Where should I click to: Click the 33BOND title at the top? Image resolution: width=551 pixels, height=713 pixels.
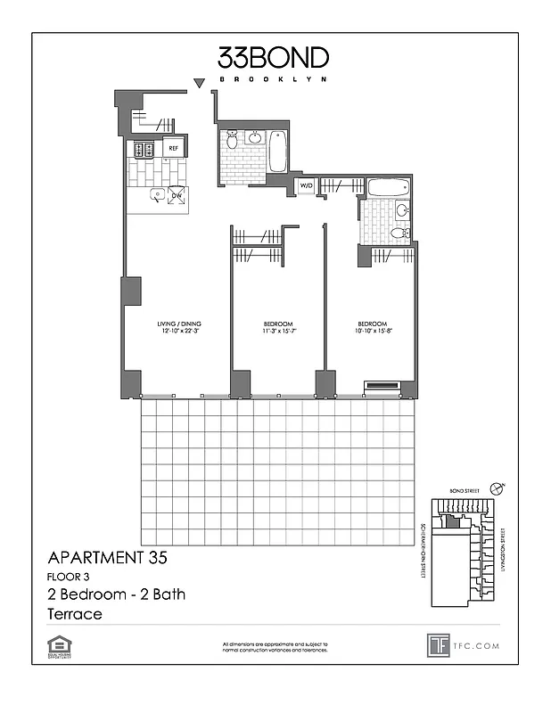coord(274,58)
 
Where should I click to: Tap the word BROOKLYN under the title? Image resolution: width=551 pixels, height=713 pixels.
coord(274,79)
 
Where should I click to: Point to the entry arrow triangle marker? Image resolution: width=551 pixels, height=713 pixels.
coord(201,84)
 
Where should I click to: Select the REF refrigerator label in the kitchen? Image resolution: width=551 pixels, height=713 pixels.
coord(173,149)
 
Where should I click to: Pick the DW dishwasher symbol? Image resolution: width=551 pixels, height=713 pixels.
coord(177,195)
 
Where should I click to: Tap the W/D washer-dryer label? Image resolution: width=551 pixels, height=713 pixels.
coord(306,185)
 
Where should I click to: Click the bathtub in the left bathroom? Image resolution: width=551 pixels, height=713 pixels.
coord(276,152)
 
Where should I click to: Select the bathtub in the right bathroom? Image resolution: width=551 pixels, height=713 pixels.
coord(388,188)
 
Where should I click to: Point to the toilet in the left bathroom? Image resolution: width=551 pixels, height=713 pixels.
coord(232,140)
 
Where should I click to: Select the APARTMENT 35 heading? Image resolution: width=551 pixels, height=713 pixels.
coord(106,559)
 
